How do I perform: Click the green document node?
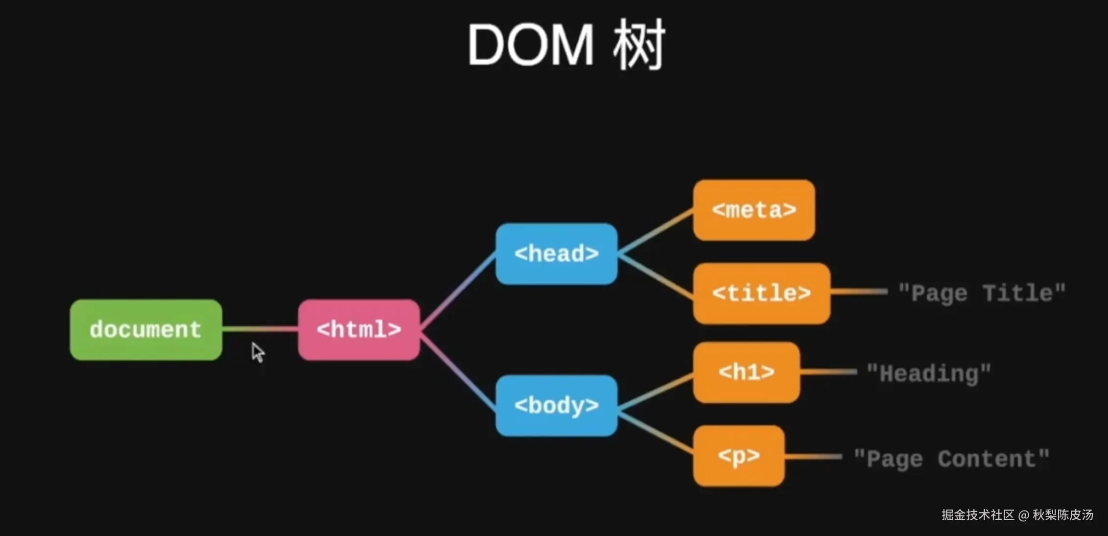tap(146, 330)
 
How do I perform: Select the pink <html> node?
tap(359, 330)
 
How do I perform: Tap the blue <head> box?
tap(556, 254)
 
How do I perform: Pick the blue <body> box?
tap(556, 406)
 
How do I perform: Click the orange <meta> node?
tap(754, 210)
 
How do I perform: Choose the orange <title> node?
tap(761, 293)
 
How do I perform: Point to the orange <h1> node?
tap(747, 372)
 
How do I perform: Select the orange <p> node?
tap(739, 456)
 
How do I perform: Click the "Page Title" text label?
tap(982, 293)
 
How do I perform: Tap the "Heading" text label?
tap(929, 374)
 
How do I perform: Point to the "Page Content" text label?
tap(951, 459)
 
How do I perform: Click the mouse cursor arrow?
tap(258, 352)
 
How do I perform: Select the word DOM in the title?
tap(530, 45)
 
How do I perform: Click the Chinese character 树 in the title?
tap(639, 45)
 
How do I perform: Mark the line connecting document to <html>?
tap(260, 329)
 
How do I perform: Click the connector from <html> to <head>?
tap(458, 291)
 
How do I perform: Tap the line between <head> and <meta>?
tap(655, 231)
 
